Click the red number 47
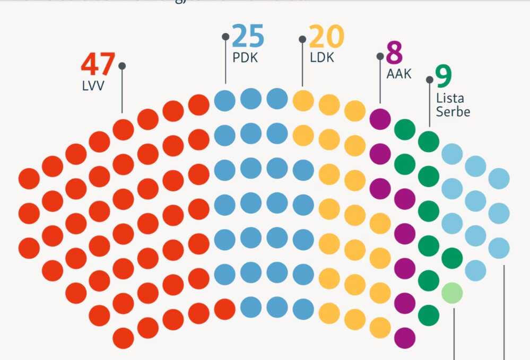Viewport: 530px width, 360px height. [98, 64]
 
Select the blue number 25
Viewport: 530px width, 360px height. [248, 37]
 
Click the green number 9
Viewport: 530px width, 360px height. [444, 76]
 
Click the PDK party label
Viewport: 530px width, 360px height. [245, 57]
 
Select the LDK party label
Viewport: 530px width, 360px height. [322, 58]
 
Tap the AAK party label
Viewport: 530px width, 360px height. [398, 74]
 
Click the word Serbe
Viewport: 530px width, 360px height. [453, 112]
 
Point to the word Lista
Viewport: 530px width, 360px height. [450, 98]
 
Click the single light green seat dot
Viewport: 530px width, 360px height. [452, 293]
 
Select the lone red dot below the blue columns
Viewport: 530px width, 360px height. [225, 309]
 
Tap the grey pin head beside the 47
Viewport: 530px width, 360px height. [122, 66]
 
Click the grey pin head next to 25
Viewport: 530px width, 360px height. [225, 37]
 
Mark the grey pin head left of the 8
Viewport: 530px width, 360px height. [380, 56]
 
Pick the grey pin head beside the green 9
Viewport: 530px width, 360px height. [429, 80]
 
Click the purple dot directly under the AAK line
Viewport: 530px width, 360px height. [380, 119]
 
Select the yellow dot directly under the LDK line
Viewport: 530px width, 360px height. [303, 100]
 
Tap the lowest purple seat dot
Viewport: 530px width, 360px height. [404, 337]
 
